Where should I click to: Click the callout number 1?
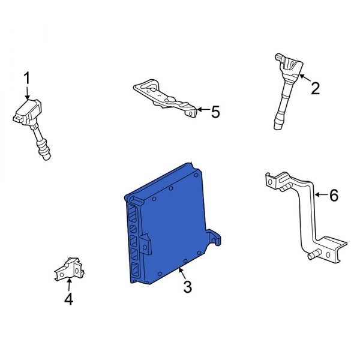[x=26, y=77]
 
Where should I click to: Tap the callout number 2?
[x=315, y=89]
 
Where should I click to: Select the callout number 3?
[x=187, y=288]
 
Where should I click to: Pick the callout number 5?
[x=215, y=112]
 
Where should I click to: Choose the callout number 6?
[x=334, y=195]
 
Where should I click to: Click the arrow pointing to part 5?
[x=202, y=110]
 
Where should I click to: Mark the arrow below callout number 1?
[x=27, y=92]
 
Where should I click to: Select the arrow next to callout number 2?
[x=304, y=79]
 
